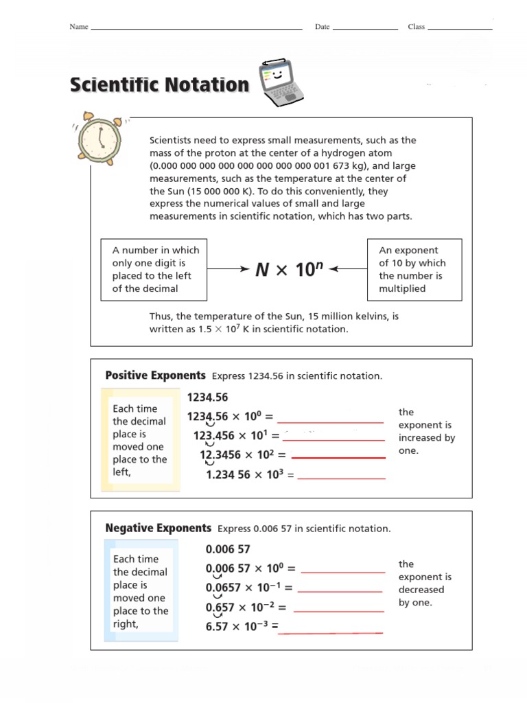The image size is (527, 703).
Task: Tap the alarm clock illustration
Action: [99, 137]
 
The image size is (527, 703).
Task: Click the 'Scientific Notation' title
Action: [159, 85]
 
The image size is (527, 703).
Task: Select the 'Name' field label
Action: [78, 27]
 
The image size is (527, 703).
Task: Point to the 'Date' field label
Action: [322, 27]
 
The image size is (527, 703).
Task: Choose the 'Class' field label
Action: [416, 27]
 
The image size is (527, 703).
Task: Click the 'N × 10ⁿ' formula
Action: [289, 270]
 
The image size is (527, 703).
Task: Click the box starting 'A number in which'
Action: [154, 270]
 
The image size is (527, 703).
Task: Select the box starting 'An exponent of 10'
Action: [414, 270]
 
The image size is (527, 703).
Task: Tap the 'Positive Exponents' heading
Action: [155, 376]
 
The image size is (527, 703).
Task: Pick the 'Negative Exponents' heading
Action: [158, 528]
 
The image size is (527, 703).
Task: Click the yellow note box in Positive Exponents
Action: [141, 440]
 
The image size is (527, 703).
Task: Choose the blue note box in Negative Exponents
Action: [141, 591]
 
